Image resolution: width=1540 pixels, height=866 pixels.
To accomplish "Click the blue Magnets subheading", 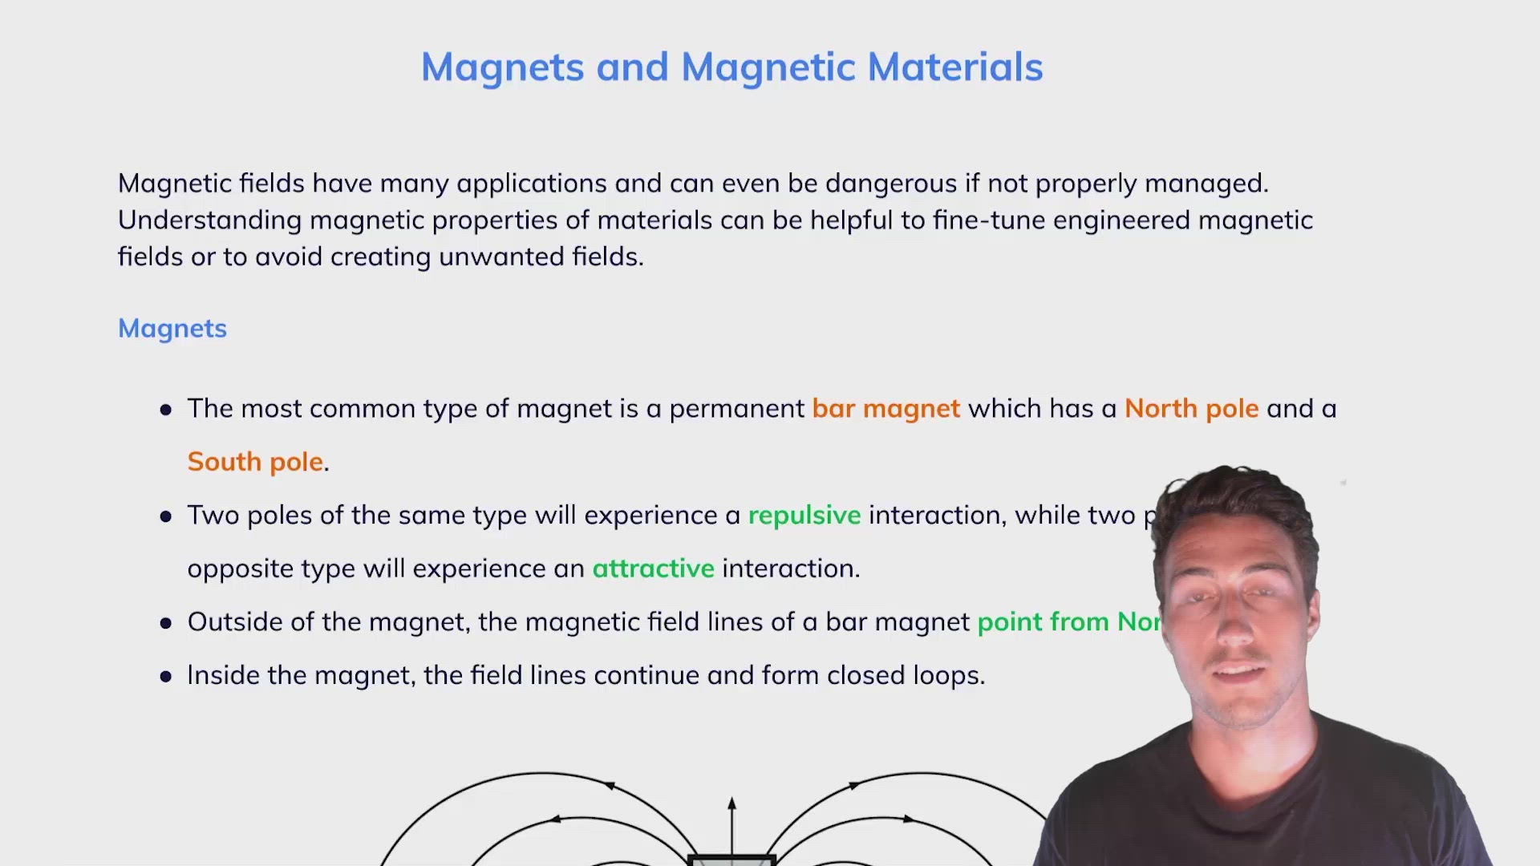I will [x=172, y=329].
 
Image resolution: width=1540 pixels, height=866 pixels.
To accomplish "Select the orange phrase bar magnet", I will [x=885, y=409].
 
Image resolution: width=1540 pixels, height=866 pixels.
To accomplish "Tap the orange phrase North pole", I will [x=1191, y=409].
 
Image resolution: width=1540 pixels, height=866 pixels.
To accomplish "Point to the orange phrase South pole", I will [x=255, y=462].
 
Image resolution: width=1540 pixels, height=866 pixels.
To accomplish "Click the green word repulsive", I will [x=804, y=515].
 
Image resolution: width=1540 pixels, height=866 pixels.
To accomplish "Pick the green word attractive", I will [x=653, y=569].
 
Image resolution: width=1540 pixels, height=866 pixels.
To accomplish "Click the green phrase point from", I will [x=1044, y=622].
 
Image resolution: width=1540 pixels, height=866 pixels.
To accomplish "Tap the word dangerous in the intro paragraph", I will [x=890, y=184].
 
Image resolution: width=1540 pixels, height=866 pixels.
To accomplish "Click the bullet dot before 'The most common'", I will [x=166, y=410].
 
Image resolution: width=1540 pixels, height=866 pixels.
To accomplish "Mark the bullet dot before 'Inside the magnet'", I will [x=166, y=677].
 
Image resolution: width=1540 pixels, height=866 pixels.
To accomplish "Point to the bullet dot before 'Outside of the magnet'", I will [x=166, y=623].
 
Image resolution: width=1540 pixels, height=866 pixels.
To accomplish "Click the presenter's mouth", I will [x=1239, y=672].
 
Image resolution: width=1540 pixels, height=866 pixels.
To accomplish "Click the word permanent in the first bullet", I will [x=736, y=409].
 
